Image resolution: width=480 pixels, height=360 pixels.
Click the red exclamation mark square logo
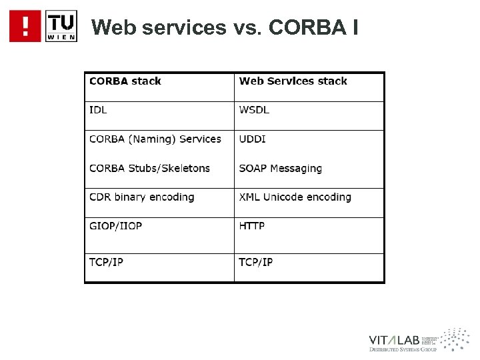pyautogui.click(x=25, y=27)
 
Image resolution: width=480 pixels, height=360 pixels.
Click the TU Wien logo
pyautogui.click(x=61, y=27)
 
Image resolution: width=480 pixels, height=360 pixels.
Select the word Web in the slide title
pyautogui.click(x=112, y=27)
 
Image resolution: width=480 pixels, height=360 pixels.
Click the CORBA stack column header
pyautogui.click(x=125, y=81)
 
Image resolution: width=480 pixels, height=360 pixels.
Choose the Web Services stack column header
pyautogui.click(x=293, y=81)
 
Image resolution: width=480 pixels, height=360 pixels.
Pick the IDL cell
pyautogui.click(x=99, y=110)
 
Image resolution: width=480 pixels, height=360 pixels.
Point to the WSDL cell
pyautogui.click(x=255, y=110)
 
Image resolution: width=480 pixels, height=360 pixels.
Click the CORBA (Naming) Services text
pyautogui.click(x=155, y=139)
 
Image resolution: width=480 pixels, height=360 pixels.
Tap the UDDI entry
pyautogui.click(x=253, y=139)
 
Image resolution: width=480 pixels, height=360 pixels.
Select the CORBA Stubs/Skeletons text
pyautogui.click(x=150, y=169)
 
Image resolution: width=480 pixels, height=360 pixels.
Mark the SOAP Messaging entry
pyautogui.click(x=280, y=169)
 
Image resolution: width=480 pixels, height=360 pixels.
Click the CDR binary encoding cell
pyautogui.click(x=142, y=197)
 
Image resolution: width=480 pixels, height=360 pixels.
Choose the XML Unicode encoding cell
pyautogui.click(x=295, y=197)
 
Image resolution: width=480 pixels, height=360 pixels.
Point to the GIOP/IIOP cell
pyautogui.click(x=116, y=226)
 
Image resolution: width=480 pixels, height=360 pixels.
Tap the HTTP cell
pyautogui.click(x=252, y=226)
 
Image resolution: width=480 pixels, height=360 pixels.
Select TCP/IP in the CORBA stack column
pyautogui.click(x=107, y=261)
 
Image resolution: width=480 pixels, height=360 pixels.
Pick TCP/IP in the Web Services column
pyautogui.click(x=256, y=261)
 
